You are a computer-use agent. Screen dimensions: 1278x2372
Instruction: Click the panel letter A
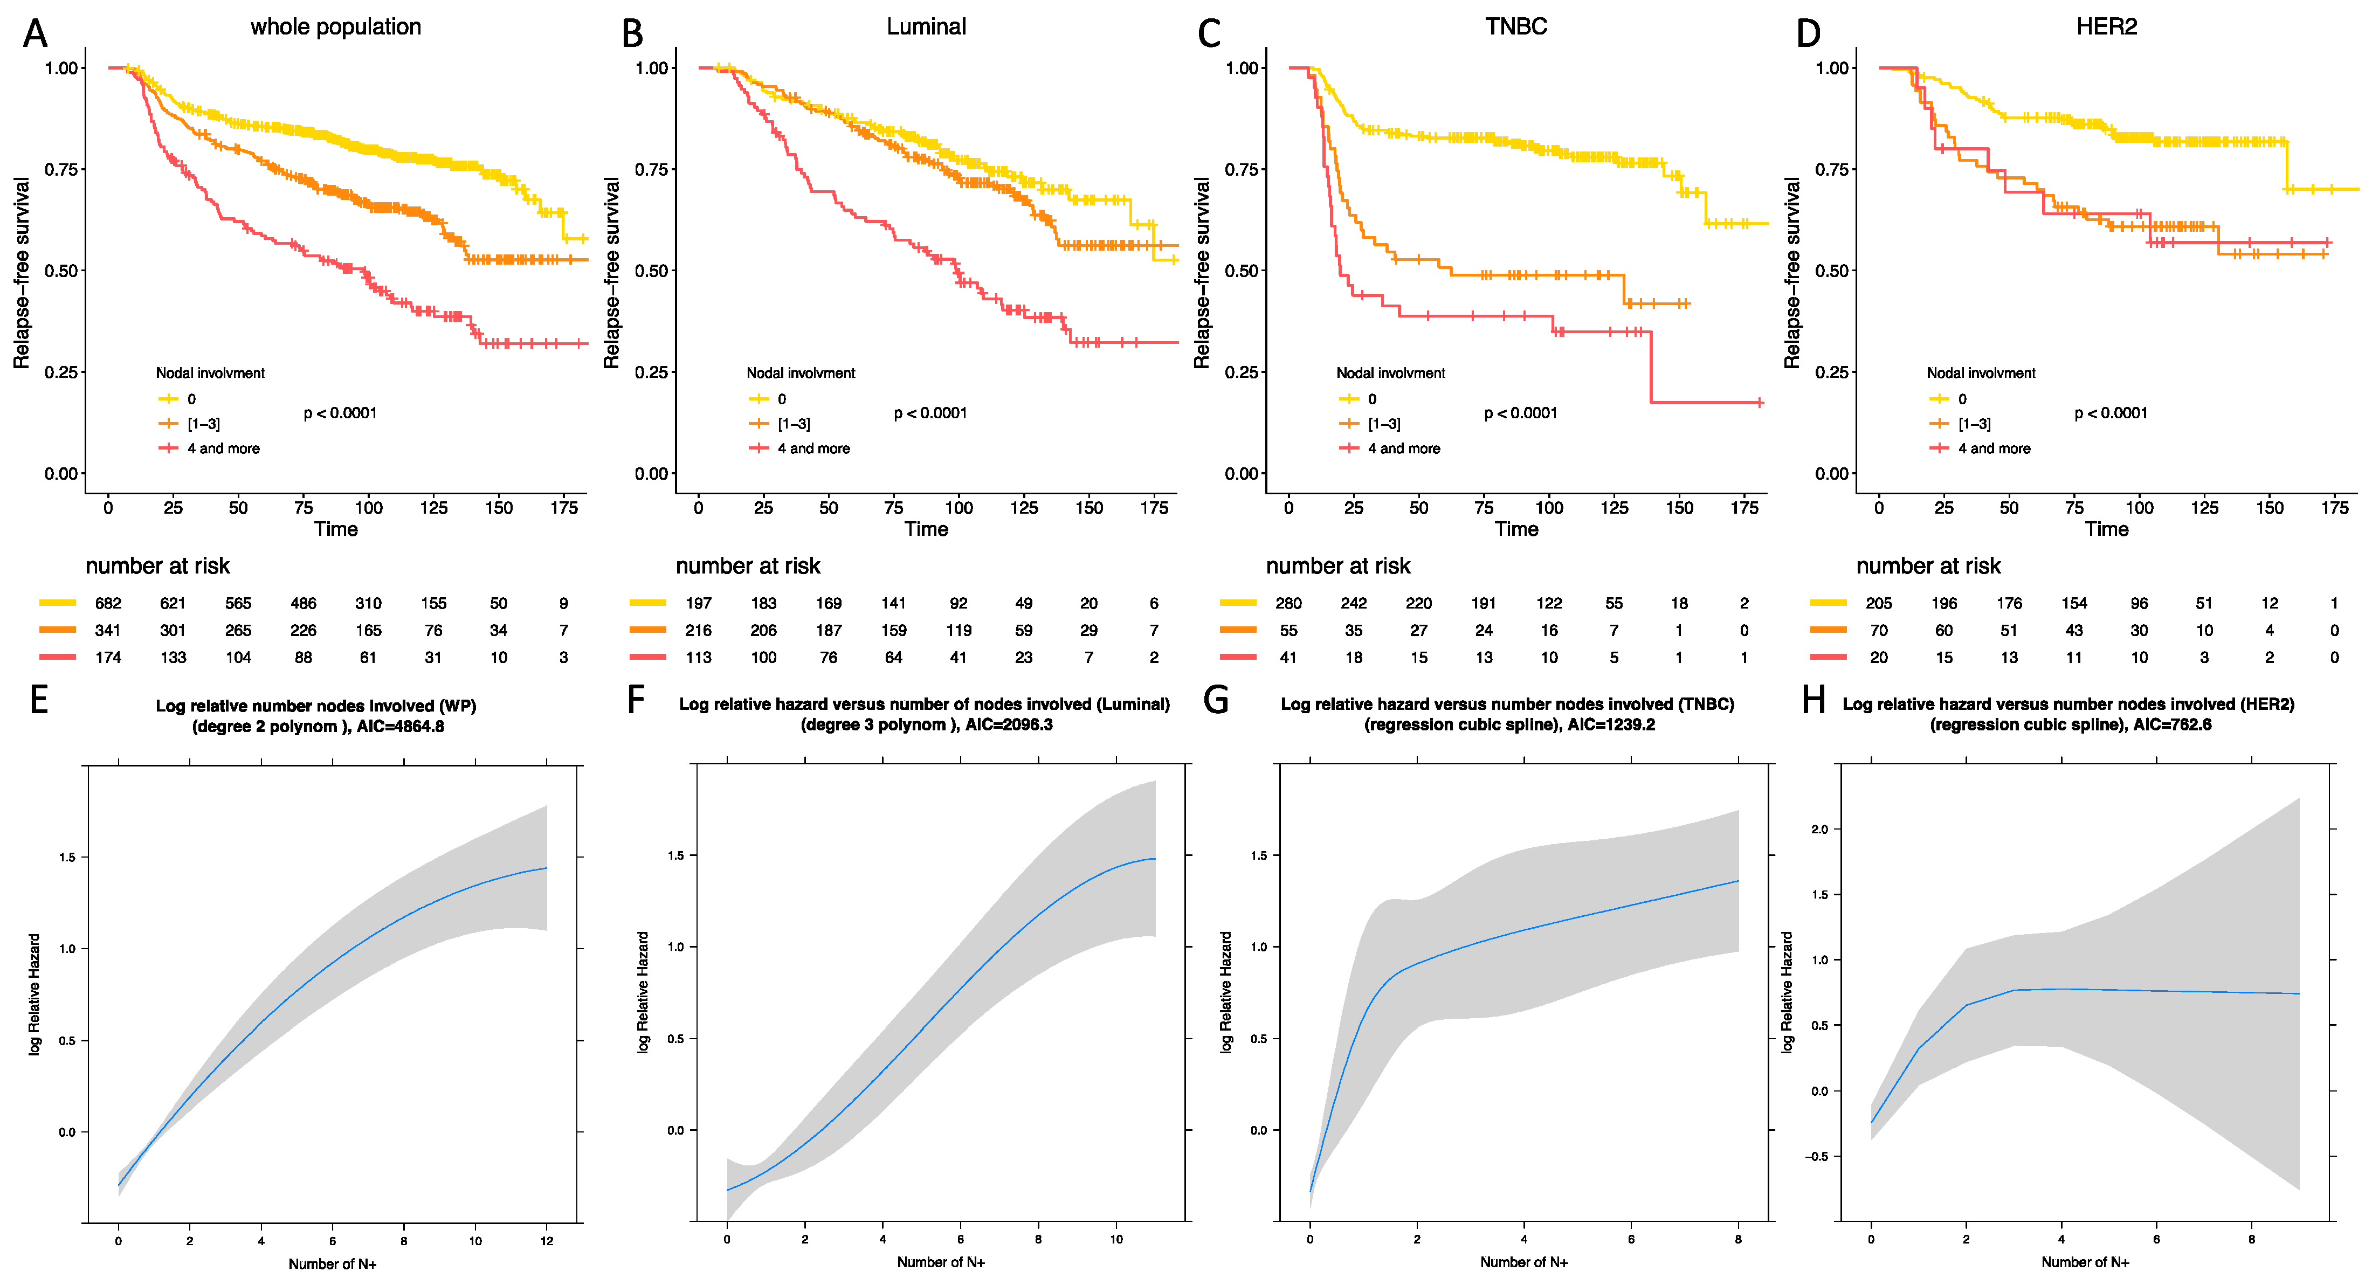click(x=35, y=34)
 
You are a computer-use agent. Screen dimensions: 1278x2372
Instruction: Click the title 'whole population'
click(x=335, y=27)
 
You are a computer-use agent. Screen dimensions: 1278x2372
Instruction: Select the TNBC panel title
click(x=1515, y=27)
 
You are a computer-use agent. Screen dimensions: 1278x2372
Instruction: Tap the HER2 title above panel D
click(x=2106, y=27)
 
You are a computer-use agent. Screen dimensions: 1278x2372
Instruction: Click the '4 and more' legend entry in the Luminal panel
click(x=813, y=448)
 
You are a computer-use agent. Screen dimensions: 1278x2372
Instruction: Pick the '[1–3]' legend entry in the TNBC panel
click(x=1383, y=424)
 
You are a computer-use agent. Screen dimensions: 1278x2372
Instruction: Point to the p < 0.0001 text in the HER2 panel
click(x=2111, y=412)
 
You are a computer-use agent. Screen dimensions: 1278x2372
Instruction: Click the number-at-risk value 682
click(x=108, y=603)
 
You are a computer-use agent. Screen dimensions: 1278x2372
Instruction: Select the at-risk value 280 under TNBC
click(x=1288, y=603)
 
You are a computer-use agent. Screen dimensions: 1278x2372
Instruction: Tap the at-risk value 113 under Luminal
click(x=698, y=658)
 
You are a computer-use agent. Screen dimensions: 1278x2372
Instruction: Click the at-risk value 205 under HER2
click(x=1878, y=603)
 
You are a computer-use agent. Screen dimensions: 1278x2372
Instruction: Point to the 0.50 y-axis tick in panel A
click(x=61, y=271)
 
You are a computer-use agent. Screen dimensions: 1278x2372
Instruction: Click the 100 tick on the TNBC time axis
click(x=1549, y=507)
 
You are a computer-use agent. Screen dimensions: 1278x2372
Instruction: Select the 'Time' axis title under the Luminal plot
click(x=926, y=529)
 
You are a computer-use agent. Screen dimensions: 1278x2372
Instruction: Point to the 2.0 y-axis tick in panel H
click(x=1819, y=828)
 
